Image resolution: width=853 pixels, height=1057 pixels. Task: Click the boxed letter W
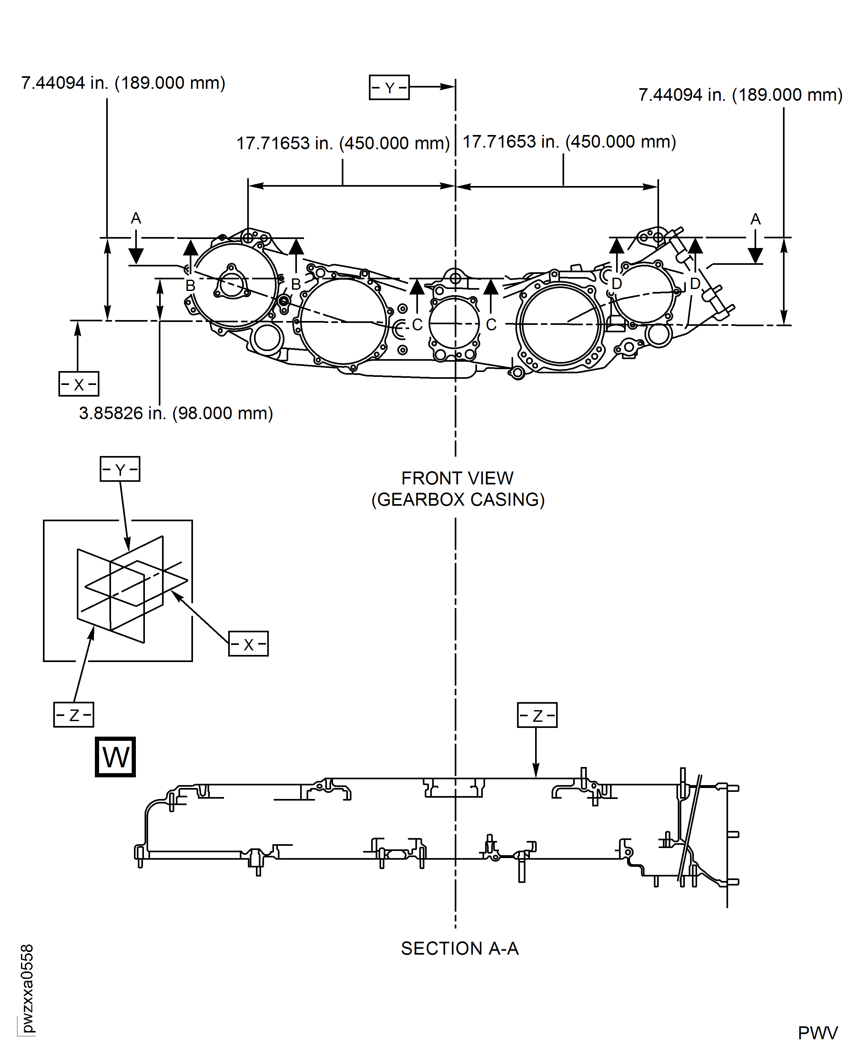coord(115,757)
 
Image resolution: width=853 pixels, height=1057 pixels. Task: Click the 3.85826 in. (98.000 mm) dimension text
coord(176,413)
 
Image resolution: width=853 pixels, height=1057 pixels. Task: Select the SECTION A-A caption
coord(460,948)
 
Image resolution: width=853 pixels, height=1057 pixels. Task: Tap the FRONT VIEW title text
coord(457,478)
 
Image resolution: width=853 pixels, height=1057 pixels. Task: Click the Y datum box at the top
coord(389,88)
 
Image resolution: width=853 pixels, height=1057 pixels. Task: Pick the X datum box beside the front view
coord(79,384)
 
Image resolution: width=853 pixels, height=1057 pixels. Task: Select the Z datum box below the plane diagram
coord(73,715)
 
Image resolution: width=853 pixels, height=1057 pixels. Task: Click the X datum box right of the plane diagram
coord(248,644)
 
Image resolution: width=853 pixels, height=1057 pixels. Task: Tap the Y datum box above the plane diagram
coord(120,469)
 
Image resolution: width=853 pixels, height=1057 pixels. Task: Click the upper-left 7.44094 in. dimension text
coord(123,83)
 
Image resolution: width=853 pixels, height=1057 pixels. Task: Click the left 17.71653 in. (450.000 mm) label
coord(343,143)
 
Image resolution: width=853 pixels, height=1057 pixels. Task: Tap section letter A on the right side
coord(755,219)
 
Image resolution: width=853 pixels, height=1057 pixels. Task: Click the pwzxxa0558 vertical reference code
coord(27,988)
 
